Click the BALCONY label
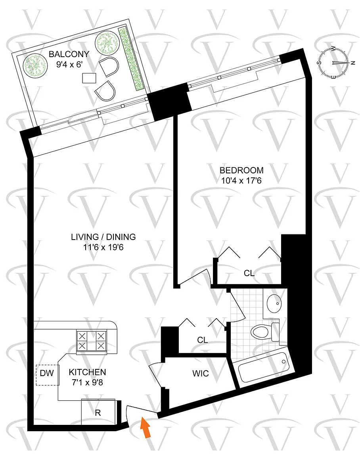click(x=69, y=54)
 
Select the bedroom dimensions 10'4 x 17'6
click(x=241, y=181)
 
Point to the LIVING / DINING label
click(x=103, y=237)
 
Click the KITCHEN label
click(x=87, y=372)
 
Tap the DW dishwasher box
click(x=47, y=375)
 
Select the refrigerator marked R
click(x=98, y=412)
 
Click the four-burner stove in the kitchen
click(x=92, y=341)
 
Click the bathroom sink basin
click(x=274, y=303)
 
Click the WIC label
click(x=201, y=373)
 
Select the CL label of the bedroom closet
click(x=249, y=273)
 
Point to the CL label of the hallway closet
click(x=203, y=340)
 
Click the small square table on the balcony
click(x=89, y=78)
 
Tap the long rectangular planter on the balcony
click(x=131, y=59)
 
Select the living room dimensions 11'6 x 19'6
click(x=103, y=248)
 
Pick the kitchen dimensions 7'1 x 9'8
click(x=87, y=382)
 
